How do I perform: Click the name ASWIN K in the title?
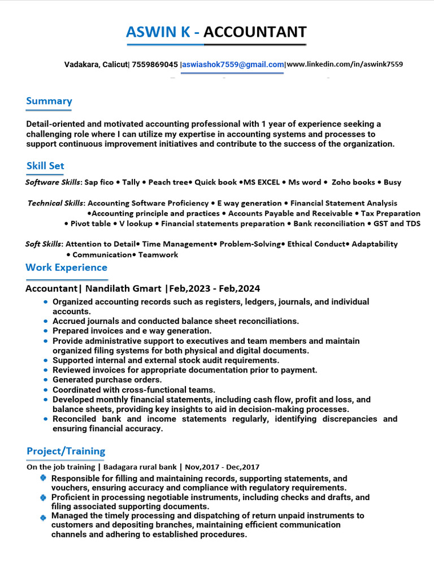pos(159,32)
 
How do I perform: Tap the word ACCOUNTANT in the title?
pos(255,32)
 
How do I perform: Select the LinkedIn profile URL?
pos(345,65)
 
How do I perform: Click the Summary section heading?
pos(49,101)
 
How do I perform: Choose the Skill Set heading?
pos(45,166)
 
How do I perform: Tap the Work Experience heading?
pos(66,268)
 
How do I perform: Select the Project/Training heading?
pos(66,451)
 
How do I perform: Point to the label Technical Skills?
pos(55,203)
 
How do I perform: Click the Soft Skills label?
pos(44,244)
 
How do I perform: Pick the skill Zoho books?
pos(353,182)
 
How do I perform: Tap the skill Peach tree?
pos(168,182)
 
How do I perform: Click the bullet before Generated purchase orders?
pos(45,380)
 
